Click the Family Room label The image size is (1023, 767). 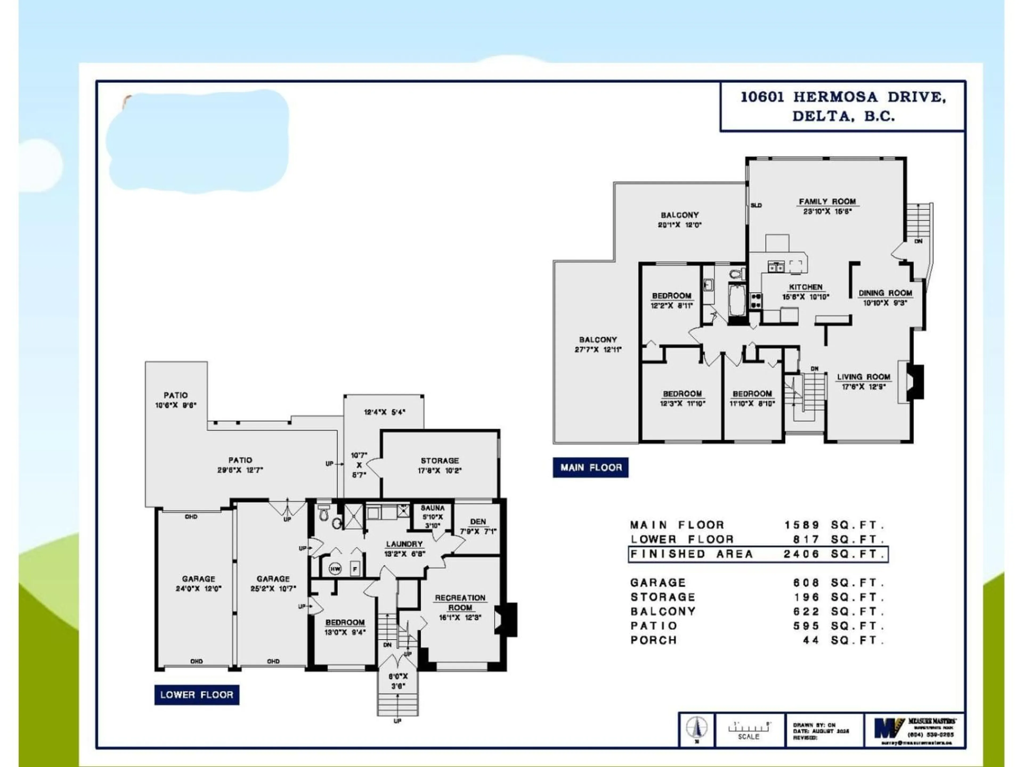(x=827, y=202)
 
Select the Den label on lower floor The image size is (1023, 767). (x=478, y=521)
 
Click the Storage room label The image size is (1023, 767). (x=439, y=460)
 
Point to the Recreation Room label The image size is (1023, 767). (x=460, y=602)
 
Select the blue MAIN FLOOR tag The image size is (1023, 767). (x=591, y=467)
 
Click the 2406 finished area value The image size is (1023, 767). (x=801, y=554)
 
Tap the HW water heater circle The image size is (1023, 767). (x=335, y=569)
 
